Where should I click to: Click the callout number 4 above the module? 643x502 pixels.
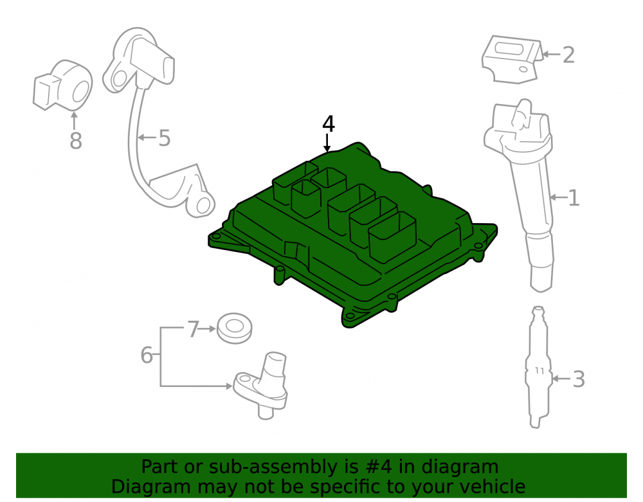click(x=329, y=124)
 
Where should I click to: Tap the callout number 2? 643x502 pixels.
click(x=568, y=55)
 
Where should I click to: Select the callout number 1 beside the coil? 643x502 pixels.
click(x=574, y=198)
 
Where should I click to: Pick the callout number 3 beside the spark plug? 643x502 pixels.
click(x=578, y=379)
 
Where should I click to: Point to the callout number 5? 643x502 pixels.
click(x=164, y=138)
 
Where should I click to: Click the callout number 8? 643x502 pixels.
click(x=75, y=141)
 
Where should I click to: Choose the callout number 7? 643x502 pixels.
click(x=193, y=329)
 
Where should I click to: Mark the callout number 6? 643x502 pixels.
click(x=147, y=355)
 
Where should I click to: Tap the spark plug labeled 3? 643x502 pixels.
click(x=538, y=367)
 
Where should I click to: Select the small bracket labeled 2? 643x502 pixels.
click(x=512, y=59)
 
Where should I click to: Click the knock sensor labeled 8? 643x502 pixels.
click(x=62, y=85)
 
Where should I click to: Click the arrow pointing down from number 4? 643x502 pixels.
click(x=327, y=143)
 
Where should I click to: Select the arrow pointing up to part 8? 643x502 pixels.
click(x=74, y=121)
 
